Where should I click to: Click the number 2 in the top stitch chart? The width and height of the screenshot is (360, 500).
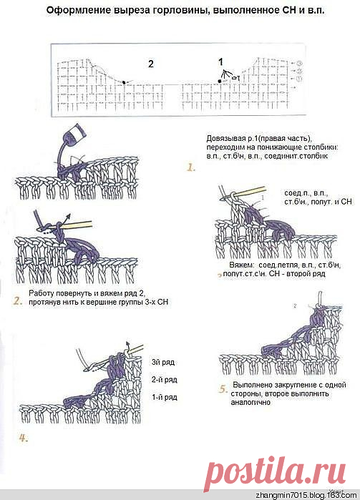151,64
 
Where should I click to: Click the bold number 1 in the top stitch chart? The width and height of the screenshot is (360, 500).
220,62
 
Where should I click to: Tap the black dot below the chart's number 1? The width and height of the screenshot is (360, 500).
220,82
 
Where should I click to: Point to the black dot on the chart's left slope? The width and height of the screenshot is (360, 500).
124,82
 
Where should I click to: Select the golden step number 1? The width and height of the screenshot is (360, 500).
191,167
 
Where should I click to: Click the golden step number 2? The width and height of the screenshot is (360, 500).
18,300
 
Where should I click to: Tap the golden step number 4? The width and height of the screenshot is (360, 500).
24,438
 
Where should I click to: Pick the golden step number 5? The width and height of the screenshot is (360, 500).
223,389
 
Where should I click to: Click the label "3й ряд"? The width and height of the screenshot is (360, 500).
163,362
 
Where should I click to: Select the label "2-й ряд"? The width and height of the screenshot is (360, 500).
165,379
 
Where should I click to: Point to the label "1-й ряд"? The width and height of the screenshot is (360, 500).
165,397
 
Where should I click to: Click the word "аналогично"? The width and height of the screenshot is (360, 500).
250,403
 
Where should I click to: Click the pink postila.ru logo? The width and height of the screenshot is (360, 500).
275,471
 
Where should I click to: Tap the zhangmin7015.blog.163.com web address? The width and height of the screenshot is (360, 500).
306,495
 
